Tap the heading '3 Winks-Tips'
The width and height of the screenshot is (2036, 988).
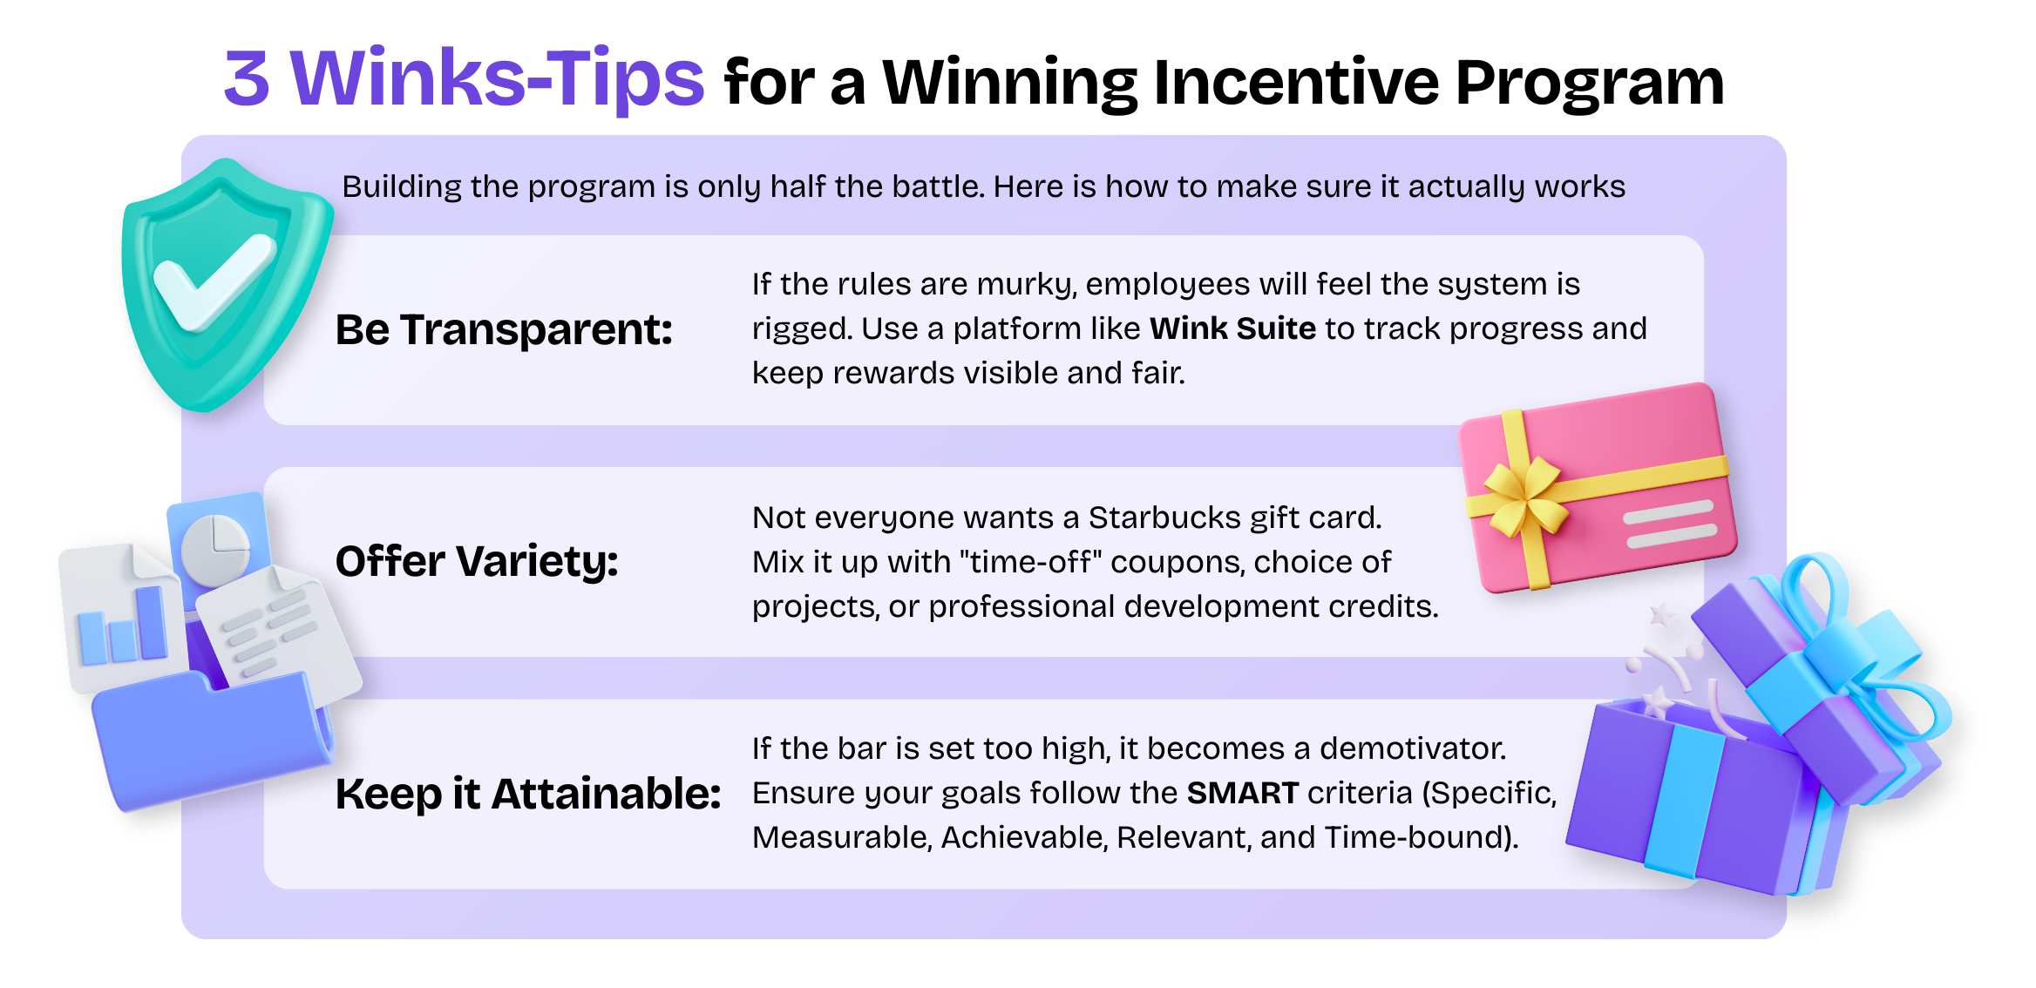[464, 78]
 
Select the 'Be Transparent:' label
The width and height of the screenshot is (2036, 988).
[504, 330]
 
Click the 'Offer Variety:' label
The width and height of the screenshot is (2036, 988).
[477, 561]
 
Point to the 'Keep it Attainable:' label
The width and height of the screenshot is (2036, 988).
[528, 794]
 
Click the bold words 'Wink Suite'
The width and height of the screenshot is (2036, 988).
[1232, 328]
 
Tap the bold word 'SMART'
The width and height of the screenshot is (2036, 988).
[1242, 793]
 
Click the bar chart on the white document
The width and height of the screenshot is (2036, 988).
[122, 626]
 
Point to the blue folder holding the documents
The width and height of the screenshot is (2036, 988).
[209, 741]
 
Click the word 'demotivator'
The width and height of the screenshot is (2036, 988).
[1412, 748]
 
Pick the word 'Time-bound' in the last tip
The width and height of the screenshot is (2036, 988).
[1416, 837]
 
